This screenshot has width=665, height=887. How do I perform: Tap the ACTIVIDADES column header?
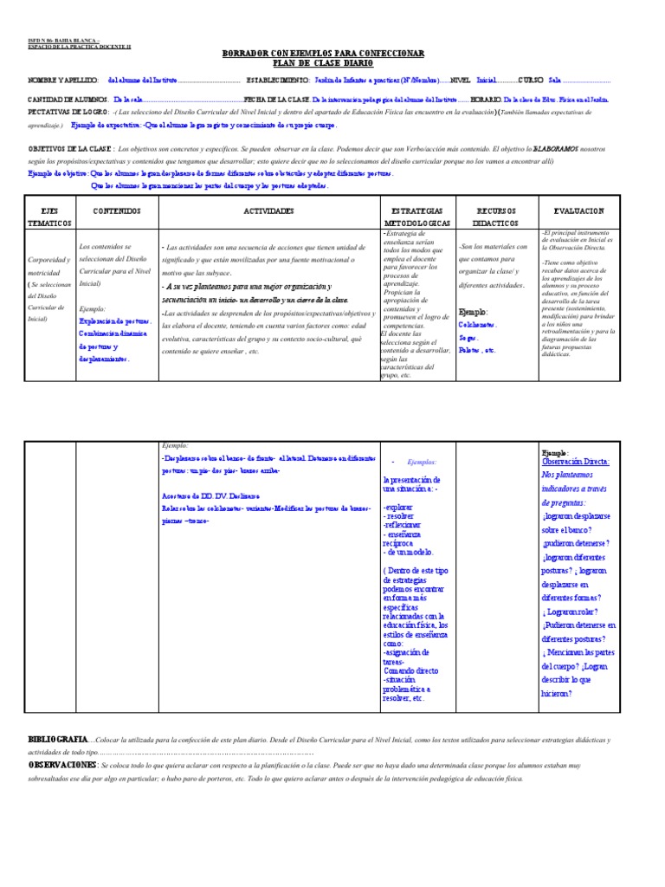(x=268, y=210)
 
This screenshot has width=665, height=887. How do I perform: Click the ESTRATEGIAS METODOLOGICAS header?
(x=415, y=217)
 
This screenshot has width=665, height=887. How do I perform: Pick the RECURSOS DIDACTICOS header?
(x=496, y=217)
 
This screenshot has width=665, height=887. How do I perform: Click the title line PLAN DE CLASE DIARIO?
(x=324, y=64)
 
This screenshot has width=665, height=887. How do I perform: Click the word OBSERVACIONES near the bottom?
(x=62, y=766)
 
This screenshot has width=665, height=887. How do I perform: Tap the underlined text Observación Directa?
(x=575, y=462)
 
